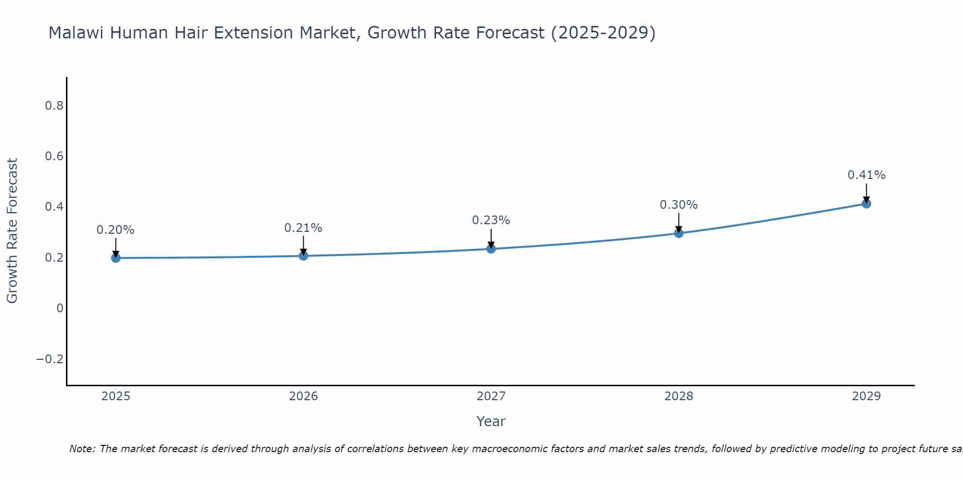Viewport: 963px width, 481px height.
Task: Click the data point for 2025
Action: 116,258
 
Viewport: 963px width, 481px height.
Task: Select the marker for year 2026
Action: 303,255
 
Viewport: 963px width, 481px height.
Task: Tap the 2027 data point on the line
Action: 491,249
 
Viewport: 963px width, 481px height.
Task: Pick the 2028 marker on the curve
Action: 678,233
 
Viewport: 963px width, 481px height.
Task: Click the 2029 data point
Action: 866,203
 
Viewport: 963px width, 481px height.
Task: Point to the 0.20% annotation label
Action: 116,230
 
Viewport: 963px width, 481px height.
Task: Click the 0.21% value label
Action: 303,228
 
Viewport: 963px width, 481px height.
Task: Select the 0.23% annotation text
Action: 491,220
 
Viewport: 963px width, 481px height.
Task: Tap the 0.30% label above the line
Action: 678,205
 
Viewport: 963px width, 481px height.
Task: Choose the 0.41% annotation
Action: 866,175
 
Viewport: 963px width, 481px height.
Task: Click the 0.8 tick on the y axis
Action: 54,106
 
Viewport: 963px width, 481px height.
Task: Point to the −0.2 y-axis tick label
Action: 50,359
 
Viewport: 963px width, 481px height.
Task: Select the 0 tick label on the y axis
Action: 60,308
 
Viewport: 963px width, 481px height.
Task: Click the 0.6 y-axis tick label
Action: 54,156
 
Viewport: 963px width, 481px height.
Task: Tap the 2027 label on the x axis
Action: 491,396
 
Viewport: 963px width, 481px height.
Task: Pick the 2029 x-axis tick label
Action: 866,396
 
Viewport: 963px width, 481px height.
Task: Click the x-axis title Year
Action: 491,421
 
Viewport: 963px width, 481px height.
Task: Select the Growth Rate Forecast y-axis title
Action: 12,231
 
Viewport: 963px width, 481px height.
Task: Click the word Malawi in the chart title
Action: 77,33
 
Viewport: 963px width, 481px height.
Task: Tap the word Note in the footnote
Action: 82,449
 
